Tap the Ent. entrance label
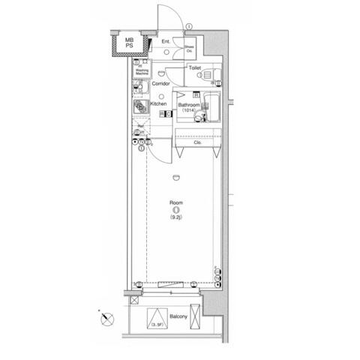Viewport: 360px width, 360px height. pyautogui.click(x=166, y=41)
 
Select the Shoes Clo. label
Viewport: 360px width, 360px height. pyautogui.click(x=190, y=49)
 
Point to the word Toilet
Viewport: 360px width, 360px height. pyautogui.click(x=194, y=67)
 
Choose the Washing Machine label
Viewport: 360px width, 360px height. pyautogui.click(x=141, y=73)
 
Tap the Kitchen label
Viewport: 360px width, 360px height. pyautogui.click(x=158, y=103)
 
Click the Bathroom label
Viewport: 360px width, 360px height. pyautogui.click(x=187, y=104)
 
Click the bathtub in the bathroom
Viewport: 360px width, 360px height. pyautogui.click(x=210, y=111)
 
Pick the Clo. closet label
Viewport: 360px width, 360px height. pyautogui.click(x=198, y=142)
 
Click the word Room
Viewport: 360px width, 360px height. pyautogui.click(x=175, y=202)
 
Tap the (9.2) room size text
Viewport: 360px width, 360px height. pyautogui.click(x=175, y=218)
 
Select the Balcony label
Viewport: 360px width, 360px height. pyautogui.click(x=178, y=316)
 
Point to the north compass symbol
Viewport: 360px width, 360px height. pyautogui.click(x=104, y=319)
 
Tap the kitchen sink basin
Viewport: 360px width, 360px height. pyautogui.click(x=140, y=89)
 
